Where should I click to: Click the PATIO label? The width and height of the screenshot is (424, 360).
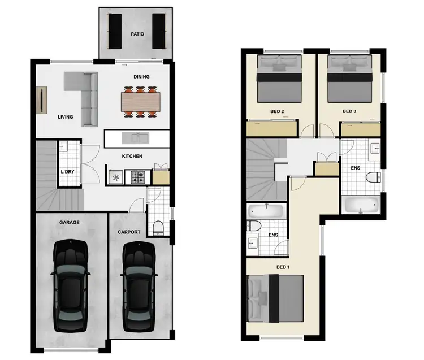click(x=137, y=34)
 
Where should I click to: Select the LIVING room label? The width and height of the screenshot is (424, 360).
click(x=66, y=118)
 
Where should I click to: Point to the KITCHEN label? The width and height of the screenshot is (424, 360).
click(x=132, y=157)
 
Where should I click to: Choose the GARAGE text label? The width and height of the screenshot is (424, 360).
click(x=70, y=223)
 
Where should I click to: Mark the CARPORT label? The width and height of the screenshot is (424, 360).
click(x=129, y=232)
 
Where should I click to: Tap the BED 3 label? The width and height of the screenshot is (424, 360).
click(x=349, y=112)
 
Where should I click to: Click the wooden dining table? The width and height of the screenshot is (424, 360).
click(x=140, y=102)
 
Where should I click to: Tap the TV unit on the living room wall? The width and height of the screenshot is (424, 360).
click(x=42, y=102)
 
